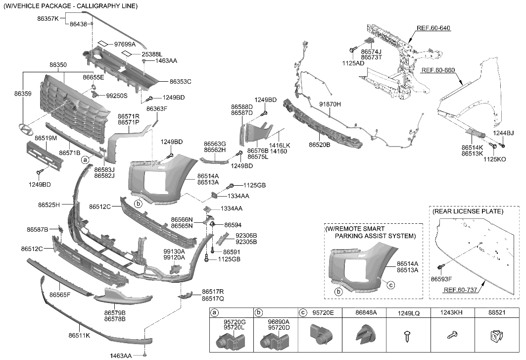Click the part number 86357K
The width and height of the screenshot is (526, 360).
click(48, 18)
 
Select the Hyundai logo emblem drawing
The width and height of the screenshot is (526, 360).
click(25, 129)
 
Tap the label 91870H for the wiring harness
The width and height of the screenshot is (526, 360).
click(330, 104)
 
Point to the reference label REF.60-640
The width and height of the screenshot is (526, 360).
click(434, 28)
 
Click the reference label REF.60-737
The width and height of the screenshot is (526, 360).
click(460, 290)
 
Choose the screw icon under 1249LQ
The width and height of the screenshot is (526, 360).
click(408, 335)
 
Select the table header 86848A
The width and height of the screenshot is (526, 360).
click(366, 313)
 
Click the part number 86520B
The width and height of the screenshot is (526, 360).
click(319, 145)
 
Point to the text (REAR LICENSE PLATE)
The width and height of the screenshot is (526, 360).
click(468, 211)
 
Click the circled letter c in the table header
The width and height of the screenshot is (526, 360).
click(303, 313)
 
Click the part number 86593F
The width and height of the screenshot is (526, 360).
click(449, 279)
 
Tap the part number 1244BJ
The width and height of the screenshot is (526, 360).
click(503, 133)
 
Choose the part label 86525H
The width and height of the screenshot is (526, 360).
click(49, 205)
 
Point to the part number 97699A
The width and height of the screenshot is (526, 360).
click(125, 44)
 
